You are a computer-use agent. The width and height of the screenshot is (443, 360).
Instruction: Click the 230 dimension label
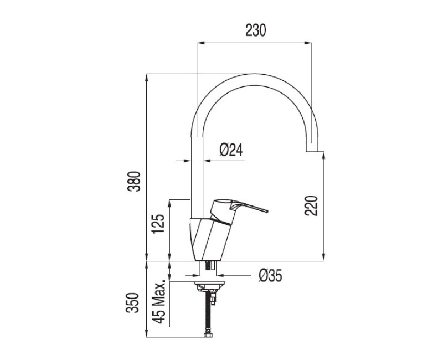pos(256,30)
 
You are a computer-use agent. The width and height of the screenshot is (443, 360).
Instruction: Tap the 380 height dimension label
pos(133,182)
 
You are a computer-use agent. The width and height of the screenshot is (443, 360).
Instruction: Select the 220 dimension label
pos(311,205)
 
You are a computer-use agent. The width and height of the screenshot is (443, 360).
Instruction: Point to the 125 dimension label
pos(158,224)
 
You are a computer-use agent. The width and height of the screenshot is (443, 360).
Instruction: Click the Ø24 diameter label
pos(231,150)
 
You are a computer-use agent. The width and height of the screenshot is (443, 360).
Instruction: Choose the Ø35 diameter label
pos(270,275)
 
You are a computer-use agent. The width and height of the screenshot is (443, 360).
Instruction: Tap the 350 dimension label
pos(133,302)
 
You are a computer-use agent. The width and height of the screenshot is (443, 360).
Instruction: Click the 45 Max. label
pos(158,302)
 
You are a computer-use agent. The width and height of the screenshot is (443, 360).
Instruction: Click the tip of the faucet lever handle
pos(267,211)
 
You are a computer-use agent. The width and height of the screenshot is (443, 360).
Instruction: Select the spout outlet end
pos(312,151)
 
